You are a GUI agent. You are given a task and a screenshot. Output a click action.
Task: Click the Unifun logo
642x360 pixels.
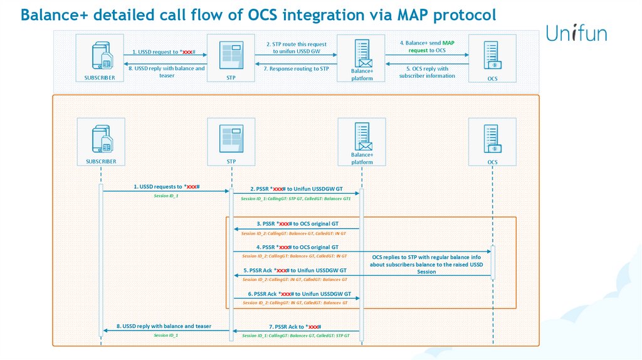[576, 33]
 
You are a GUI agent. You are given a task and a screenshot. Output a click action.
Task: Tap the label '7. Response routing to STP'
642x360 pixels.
[296, 68]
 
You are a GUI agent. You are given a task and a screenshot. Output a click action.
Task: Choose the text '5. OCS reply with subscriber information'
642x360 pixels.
[427, 72]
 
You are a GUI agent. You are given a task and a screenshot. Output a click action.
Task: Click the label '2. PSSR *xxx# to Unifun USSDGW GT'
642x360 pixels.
[296, 188]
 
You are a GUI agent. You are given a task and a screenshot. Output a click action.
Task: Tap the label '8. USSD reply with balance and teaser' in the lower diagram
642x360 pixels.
[164, 326]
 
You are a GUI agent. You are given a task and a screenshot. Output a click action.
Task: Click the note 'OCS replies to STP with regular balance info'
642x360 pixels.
[426, 257]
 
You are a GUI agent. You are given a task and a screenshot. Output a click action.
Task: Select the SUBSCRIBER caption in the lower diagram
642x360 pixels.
[101, 161]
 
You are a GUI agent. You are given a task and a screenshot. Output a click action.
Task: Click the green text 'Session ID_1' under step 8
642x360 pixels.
[166, 336]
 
